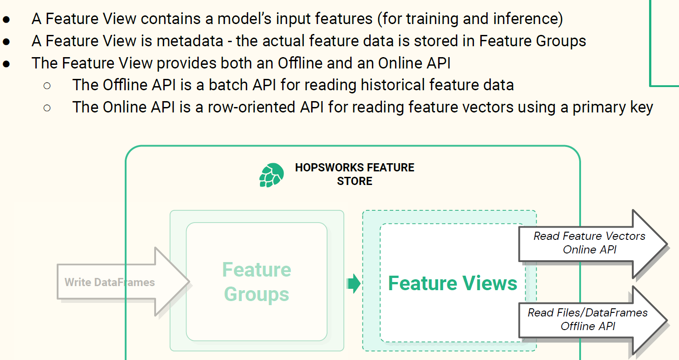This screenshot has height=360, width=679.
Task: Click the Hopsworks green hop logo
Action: pyautogui.click(x=271, y=175)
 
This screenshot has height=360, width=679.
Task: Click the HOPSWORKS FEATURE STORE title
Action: pyautogui.click(x=355, y=174)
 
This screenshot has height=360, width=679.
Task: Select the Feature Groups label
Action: pyautogui.click(x=257, y=282)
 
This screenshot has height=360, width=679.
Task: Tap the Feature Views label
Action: pyautogui.click(x=453, y=283)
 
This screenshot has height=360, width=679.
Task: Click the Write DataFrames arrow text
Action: pyautogui.click(x=109, y=282)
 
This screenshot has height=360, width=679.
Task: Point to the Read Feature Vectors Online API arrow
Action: pyautogui.click(x=593, y=243)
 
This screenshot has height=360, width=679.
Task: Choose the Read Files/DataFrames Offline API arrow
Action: pyautogui.click(x=593, y=320)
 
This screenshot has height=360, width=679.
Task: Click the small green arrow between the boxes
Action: pyautogui.click(x=353, y=284)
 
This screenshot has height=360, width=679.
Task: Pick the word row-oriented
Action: pyautogui.click(x=251, y=107)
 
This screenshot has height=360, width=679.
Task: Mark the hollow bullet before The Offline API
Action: pyautogui.click(x=47, y=86)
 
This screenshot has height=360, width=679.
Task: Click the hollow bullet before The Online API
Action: pyautogui.click(x=47, y=108)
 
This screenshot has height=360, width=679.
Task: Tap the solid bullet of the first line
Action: pyautogui.click(x=6, y=19)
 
